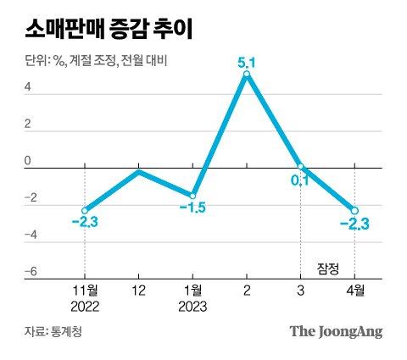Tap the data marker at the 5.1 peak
[x=246, y=75]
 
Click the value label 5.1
[x=246, y=60]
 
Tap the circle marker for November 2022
[x=85, y=210]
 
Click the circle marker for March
[x=300, y=167]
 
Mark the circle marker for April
[x=354, y=210]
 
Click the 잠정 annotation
[x=327, y=269]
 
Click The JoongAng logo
[x=337, y=330]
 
